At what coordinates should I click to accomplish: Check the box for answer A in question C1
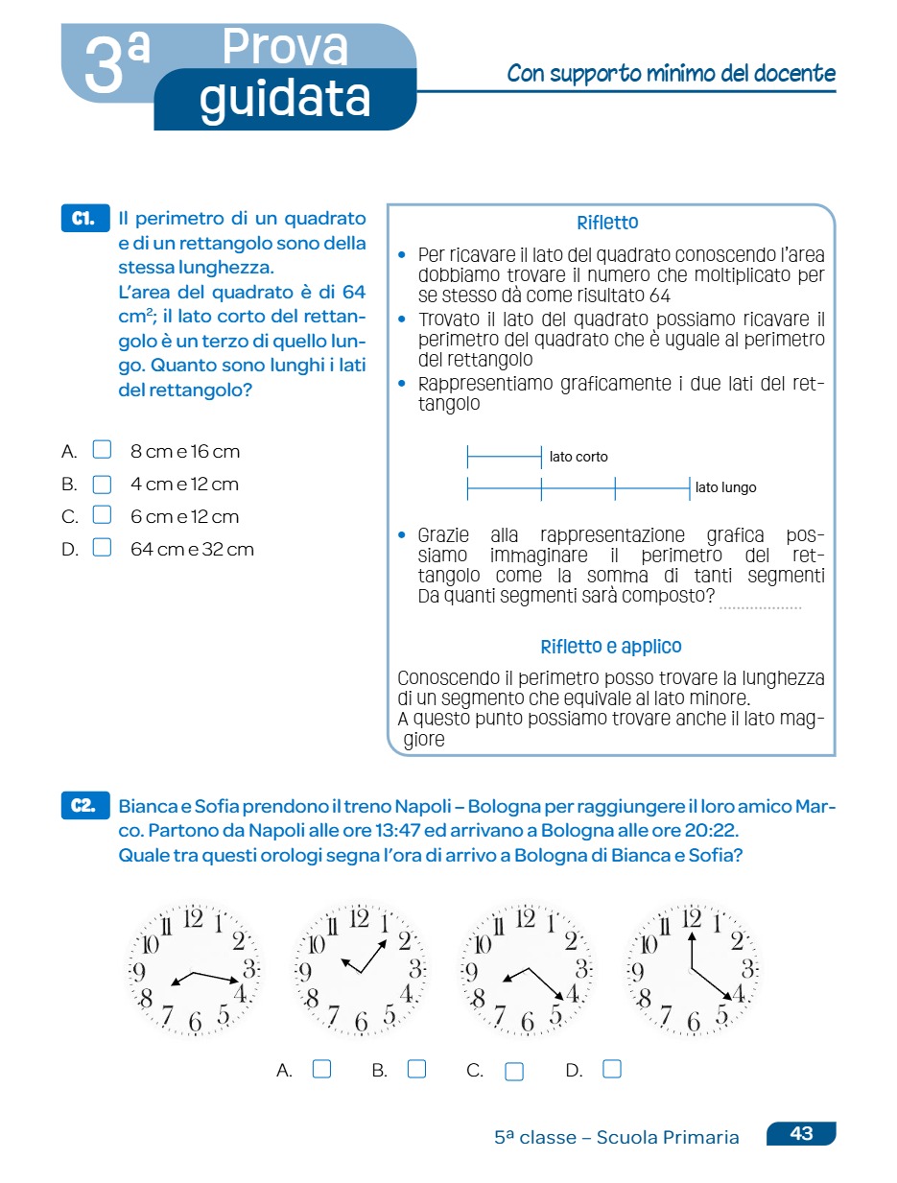[102, 450]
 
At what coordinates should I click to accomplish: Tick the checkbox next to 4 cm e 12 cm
[102, 484]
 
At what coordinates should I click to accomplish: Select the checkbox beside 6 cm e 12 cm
[102, 515]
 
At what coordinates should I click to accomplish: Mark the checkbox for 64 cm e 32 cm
[102, 548]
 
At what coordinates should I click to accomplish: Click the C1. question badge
[84, 219]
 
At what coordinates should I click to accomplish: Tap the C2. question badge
[84, 806]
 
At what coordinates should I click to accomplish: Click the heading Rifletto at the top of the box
[607, 224]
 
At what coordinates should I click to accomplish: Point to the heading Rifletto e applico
[611, 647]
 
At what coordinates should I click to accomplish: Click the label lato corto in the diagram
[578, 457]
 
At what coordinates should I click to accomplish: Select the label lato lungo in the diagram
[726, 487]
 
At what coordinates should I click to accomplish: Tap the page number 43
[801, 1134]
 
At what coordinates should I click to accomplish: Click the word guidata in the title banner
[285, 98]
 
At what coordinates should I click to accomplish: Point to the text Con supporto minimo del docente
[671, 74]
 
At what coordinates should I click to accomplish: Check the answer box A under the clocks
[322, 1069]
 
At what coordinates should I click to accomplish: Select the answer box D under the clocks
[612, 1069]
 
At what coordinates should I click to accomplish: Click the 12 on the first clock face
[193, 918]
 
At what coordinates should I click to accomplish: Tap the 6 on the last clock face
[693, 1023]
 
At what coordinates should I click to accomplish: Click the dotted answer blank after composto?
[760, 603]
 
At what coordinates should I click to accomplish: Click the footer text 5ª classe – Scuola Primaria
[617, 1138]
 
